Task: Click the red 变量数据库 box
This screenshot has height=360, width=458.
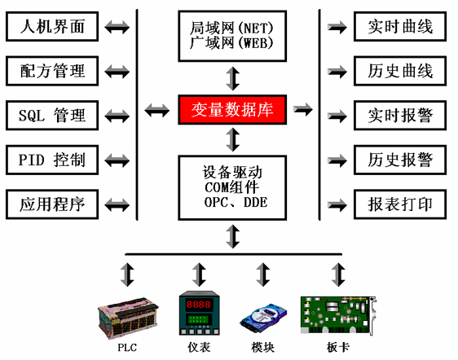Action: coord(232,109)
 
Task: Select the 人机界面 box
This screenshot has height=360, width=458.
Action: coord(52,27)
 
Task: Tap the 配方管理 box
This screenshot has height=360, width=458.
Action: coord(52,71)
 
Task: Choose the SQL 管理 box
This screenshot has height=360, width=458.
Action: coord(52,116)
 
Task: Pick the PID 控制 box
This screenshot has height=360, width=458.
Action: coord(52,160)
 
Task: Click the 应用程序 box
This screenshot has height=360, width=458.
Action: coord(52,204)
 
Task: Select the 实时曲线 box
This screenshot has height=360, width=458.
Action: coord(400,27)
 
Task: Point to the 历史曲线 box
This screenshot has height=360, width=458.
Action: coord(400,71)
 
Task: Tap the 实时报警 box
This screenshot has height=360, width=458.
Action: coord(400,116)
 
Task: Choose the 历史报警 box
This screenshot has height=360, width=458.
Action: coord(400,160)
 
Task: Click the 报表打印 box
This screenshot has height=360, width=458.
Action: coord(400,204)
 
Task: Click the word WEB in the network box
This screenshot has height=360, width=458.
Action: coord(256,43)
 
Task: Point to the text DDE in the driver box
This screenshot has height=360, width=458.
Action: coord(256,202)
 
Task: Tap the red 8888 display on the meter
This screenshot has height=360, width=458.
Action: coord(199,305)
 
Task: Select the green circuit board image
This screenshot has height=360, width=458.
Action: coord(338,314)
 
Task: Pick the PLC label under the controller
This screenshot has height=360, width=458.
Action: coord(127,348)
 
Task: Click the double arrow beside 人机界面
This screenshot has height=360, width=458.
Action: coord(117,27)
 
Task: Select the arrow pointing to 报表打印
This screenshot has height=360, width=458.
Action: coord(337,204)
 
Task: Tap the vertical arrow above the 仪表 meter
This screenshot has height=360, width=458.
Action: coord(199,274)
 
